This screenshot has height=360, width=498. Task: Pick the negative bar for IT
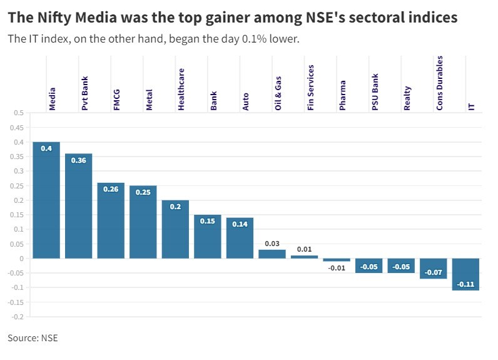click(466, 274)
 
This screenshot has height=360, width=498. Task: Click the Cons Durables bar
click(434, 268)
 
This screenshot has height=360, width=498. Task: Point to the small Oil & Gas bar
click(272, 254)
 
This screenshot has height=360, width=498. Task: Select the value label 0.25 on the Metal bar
click(143, 192)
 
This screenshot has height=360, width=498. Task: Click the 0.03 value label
click(272, 243)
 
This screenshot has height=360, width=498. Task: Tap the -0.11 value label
click(466, 284)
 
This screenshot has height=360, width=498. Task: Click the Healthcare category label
click(181, 90)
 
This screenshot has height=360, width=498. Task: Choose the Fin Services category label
click(311, 88)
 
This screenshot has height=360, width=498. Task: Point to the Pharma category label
click(343, 98)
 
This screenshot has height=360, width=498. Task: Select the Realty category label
click(407, 98)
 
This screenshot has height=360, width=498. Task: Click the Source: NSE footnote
click(33, 338)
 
